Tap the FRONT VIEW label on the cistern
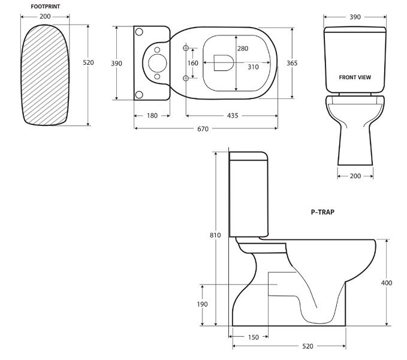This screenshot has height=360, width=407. click(355, 77)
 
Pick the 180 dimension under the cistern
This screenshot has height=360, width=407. click(152, 116)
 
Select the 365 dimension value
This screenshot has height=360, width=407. click(293, 63)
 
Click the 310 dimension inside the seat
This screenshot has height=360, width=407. click(254, 67)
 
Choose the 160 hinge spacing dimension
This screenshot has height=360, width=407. click(192, 63)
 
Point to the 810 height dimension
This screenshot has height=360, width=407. click(215, 235)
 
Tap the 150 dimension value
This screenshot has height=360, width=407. click(253, 337)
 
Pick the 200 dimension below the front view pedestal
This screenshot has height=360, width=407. click(355, 176)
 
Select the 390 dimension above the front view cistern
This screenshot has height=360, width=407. click(355, 17)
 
